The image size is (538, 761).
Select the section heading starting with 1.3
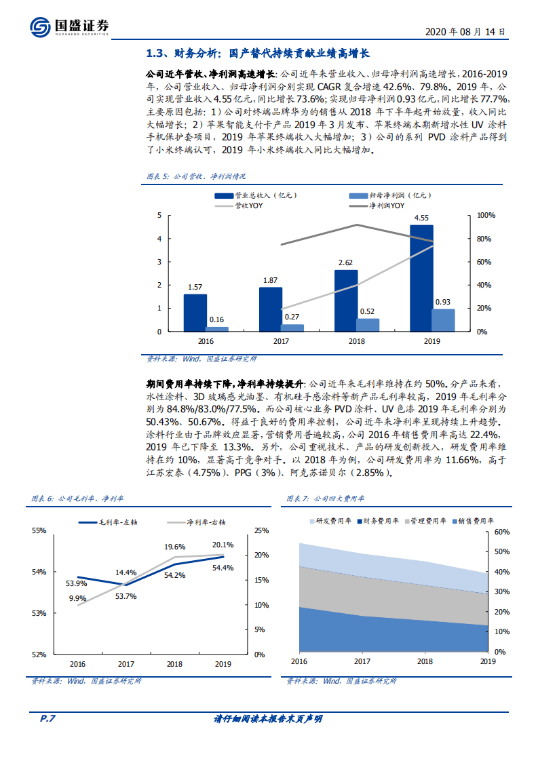(x=257, y=54)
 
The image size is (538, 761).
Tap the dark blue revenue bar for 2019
(x=421, y=278)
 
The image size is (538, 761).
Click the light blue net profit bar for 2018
(x=368, y=325)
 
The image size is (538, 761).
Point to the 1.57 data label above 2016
(x=195, y=287)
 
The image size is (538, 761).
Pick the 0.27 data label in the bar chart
(x=292, y=317)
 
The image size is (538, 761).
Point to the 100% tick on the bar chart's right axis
(x=487, y=216)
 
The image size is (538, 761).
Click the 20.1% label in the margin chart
(x=223, y=545)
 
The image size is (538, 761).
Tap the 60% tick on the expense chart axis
(x=501, y=532)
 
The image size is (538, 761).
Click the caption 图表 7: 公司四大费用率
(x=326, y=499)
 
